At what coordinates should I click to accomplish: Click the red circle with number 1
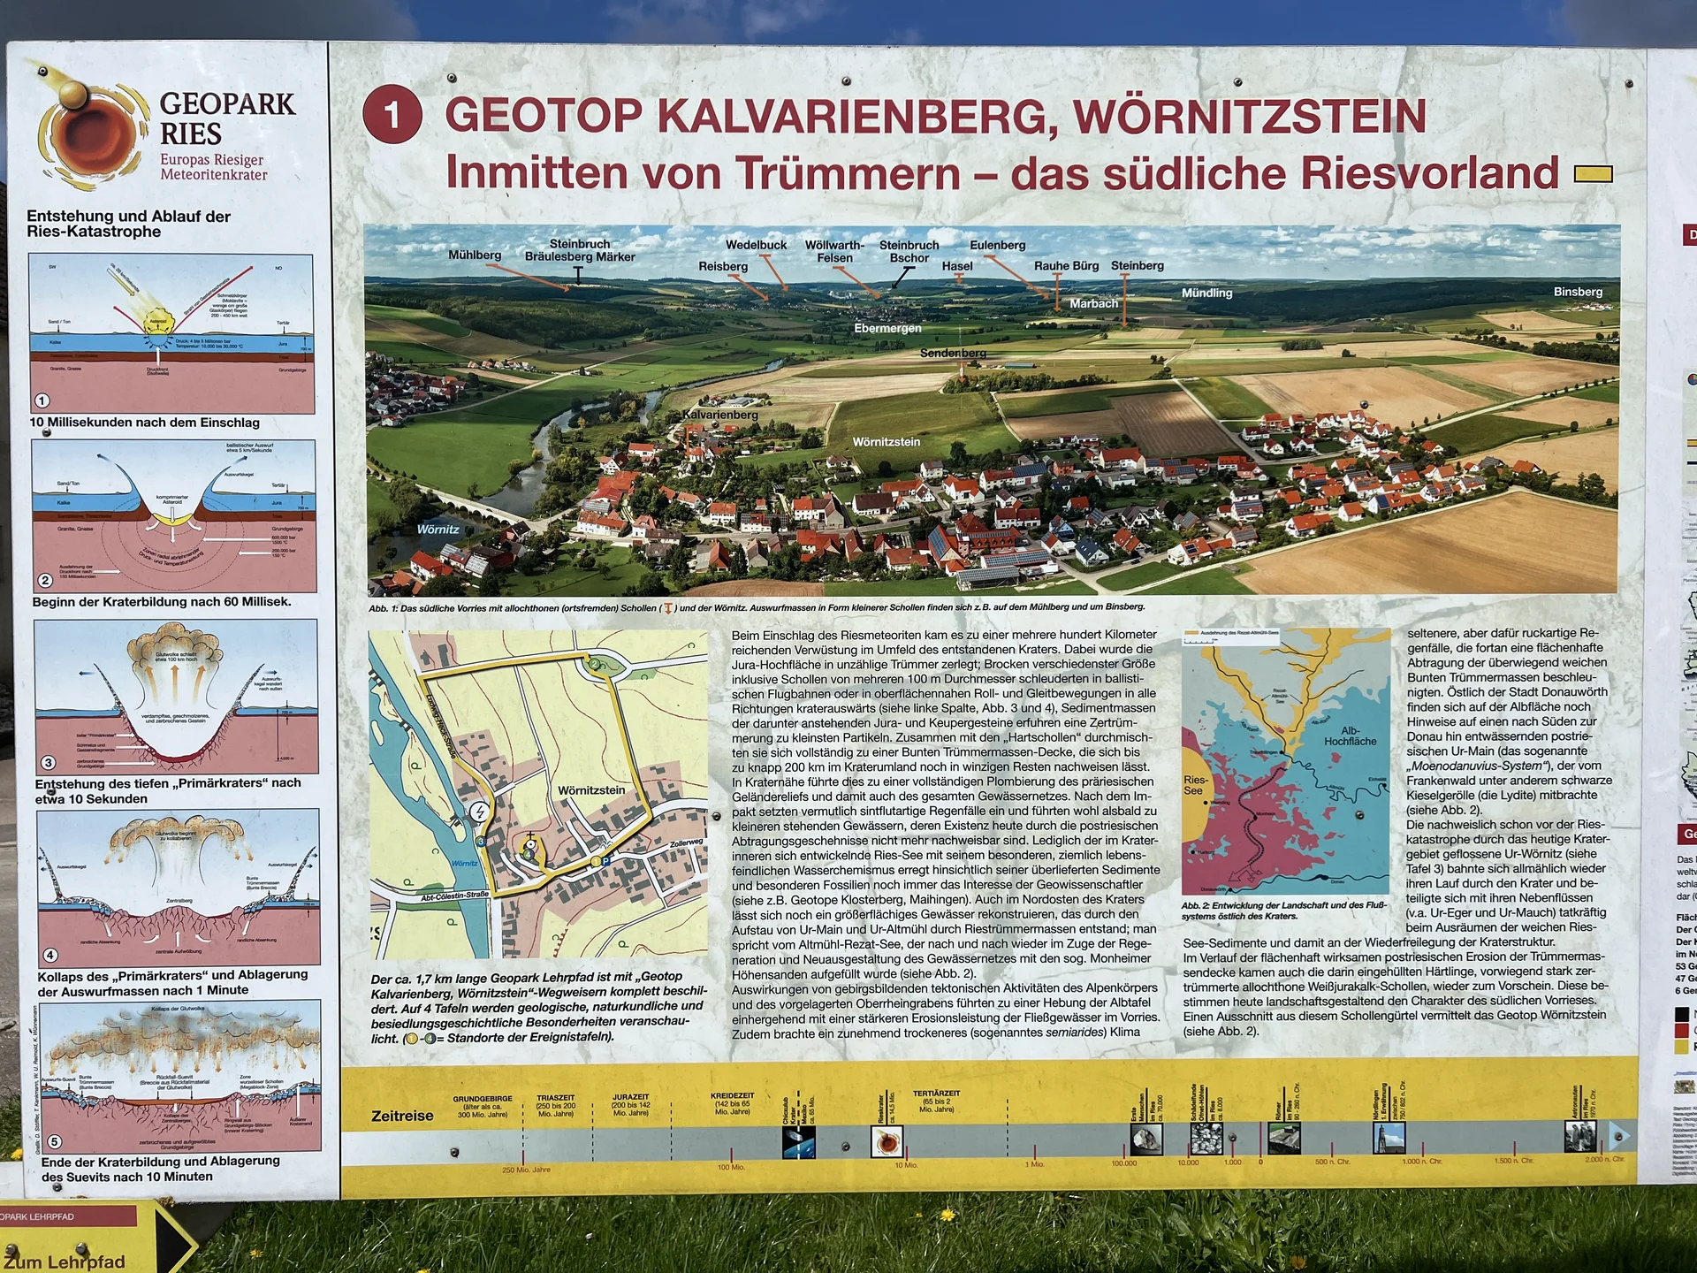[x=392, y=114]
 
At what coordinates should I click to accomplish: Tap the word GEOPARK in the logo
[x=227, y=103]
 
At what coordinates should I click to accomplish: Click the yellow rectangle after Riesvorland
[x=1593, y=174]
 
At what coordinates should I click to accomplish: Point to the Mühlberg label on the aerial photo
[x=475, y=255]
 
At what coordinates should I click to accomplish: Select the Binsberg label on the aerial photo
[x=1578, y=292]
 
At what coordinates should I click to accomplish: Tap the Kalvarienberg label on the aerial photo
[x=720, y=415]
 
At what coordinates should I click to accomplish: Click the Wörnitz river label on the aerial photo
[x=438, y=530]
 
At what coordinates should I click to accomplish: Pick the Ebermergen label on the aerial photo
[x=887, y=329]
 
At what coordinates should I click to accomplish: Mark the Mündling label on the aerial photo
[x=1206, y=293]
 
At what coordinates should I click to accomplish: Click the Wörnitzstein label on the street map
[x=591, y=790]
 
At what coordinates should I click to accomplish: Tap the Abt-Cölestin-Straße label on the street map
[x=454, y=896]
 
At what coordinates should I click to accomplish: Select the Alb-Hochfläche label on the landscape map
[x=1350, y=736]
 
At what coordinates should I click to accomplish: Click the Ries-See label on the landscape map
[x=1195, y=785]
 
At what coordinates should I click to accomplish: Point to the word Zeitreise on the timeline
[x=402, y=1116]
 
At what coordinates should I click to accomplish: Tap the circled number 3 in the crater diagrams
[x=48, y=762]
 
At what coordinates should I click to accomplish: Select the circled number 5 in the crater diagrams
[x=55, y=1141]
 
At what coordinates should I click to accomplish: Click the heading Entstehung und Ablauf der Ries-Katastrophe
[x=128, y=224]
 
